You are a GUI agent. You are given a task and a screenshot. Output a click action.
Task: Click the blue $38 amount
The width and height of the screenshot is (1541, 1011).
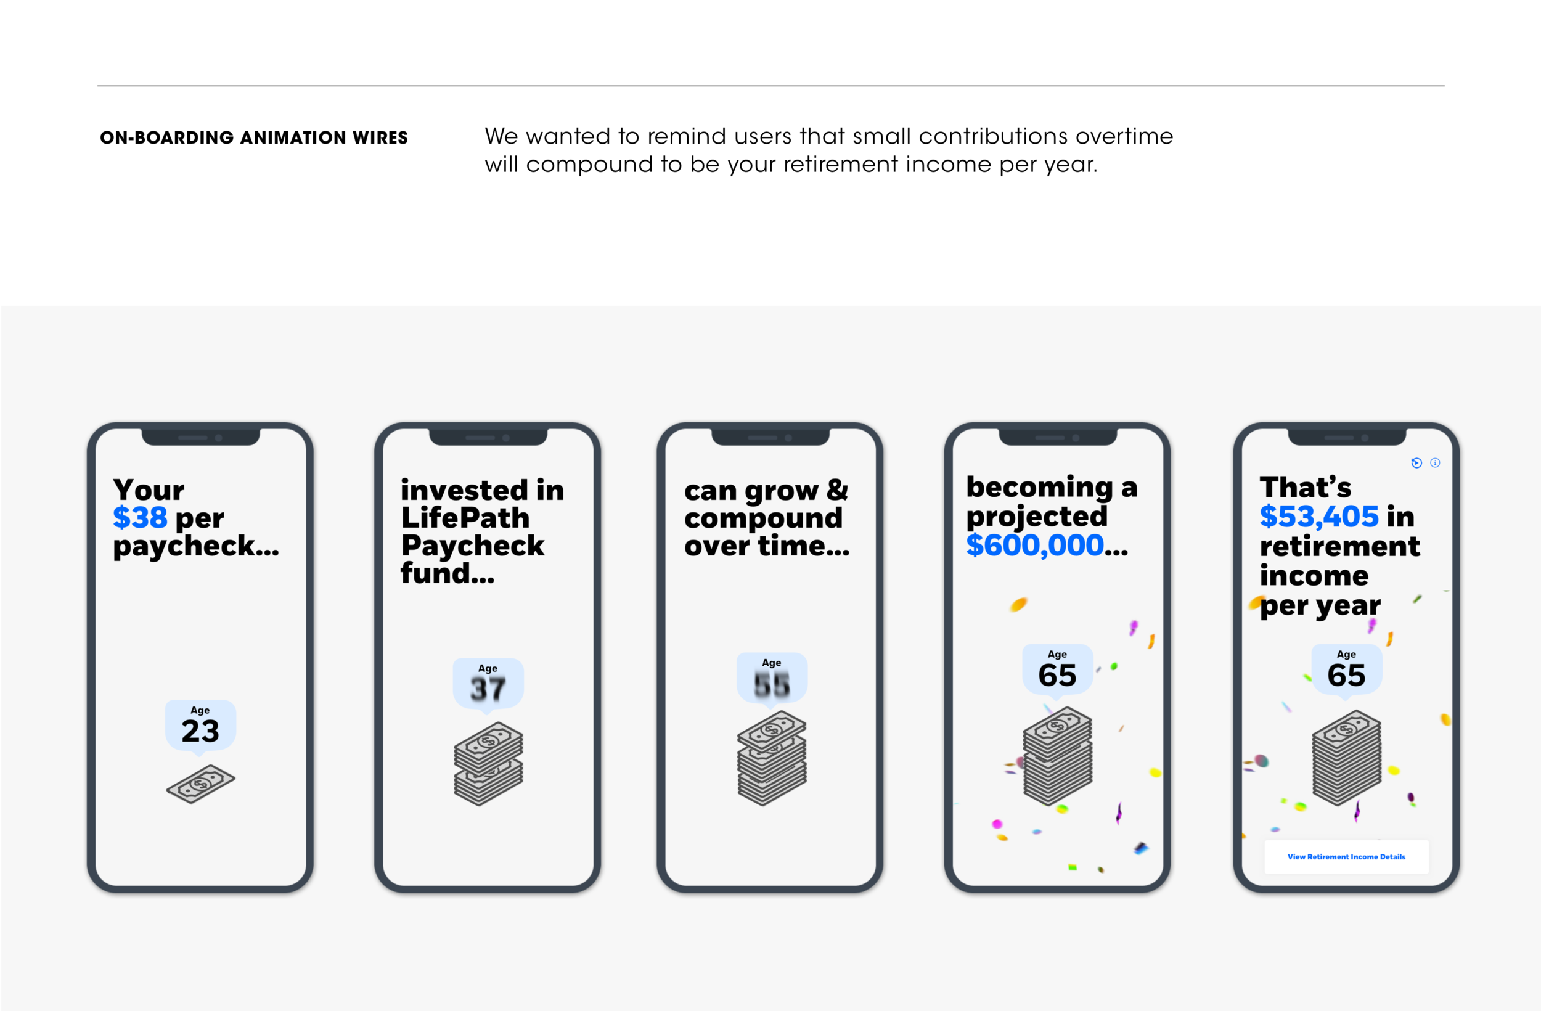tap(140, 517)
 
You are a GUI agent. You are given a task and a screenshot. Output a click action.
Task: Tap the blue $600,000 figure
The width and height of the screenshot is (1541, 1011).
tap(1034, 546)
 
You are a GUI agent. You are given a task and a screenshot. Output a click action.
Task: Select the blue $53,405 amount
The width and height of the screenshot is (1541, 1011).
tap(1319, 516)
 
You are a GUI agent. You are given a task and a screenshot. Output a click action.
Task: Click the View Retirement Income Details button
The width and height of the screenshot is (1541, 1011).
tap(1346, 857)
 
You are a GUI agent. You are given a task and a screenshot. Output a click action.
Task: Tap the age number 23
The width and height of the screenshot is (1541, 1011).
tap(200, 731)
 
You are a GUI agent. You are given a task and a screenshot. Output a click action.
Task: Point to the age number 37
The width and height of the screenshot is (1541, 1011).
tap(488, 689)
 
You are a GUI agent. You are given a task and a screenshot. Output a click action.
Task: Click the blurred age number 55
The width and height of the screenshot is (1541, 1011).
tap(772, 684)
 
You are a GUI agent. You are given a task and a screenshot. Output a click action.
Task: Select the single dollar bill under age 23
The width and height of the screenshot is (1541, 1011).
tap(201, 784)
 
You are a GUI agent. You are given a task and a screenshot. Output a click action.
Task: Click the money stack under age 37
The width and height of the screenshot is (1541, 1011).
tap(488, 764)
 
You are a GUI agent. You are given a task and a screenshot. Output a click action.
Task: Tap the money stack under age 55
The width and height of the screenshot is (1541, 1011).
tap(772, 758)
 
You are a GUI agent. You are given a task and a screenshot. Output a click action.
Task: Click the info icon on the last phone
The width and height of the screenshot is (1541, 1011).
tap(1436, 462)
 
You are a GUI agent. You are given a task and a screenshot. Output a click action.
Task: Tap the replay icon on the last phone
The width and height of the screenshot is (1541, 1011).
tap(1416, 462)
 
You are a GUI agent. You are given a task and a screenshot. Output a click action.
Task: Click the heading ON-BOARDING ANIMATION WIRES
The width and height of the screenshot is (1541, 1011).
tap(254, 138)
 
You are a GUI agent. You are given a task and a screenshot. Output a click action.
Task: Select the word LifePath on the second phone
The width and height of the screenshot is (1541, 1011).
tap(465, 517)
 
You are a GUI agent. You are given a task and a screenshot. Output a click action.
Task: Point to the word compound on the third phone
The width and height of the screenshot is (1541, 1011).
tap(763, 518)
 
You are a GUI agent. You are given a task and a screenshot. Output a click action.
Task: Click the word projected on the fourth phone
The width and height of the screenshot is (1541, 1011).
tap(1037, 516)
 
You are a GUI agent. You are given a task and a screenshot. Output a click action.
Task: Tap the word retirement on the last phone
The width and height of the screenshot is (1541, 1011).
tap(1339, 546)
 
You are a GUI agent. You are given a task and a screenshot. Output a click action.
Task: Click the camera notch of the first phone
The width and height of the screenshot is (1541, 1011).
tap(201, 437)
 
